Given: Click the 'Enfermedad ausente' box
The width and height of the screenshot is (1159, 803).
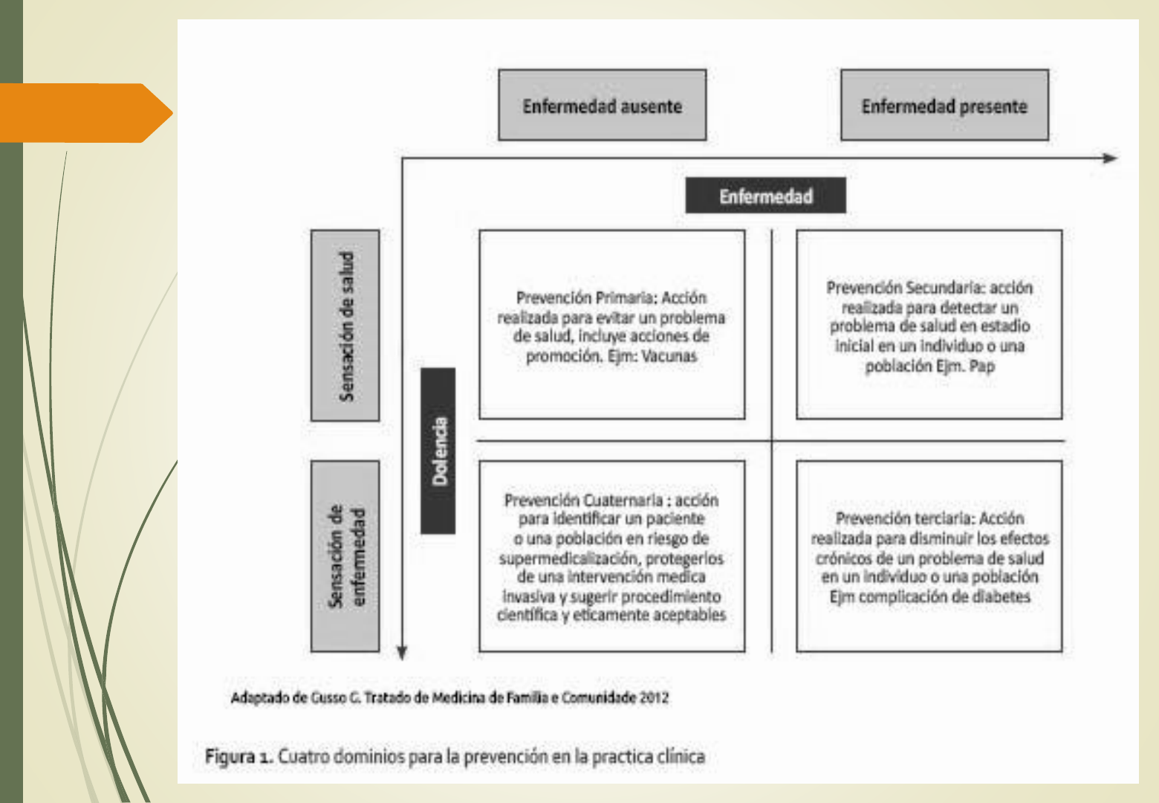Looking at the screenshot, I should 602,106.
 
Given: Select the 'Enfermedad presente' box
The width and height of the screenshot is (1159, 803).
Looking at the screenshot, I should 944,106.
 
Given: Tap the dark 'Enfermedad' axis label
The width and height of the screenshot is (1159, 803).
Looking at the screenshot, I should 765,196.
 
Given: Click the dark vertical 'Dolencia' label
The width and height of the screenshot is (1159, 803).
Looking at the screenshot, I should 438,451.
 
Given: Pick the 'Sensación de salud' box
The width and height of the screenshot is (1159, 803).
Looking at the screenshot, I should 345,326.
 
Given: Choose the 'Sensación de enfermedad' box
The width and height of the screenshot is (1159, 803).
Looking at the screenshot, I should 345,556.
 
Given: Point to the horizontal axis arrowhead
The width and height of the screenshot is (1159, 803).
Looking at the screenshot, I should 1110,158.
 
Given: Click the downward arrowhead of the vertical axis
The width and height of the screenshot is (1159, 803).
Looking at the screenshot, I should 402,653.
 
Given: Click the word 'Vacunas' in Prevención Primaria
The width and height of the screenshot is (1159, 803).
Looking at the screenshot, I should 669,356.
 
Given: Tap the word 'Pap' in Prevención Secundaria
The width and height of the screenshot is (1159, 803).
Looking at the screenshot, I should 981,366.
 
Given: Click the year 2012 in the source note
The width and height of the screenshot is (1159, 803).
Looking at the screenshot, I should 654,697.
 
